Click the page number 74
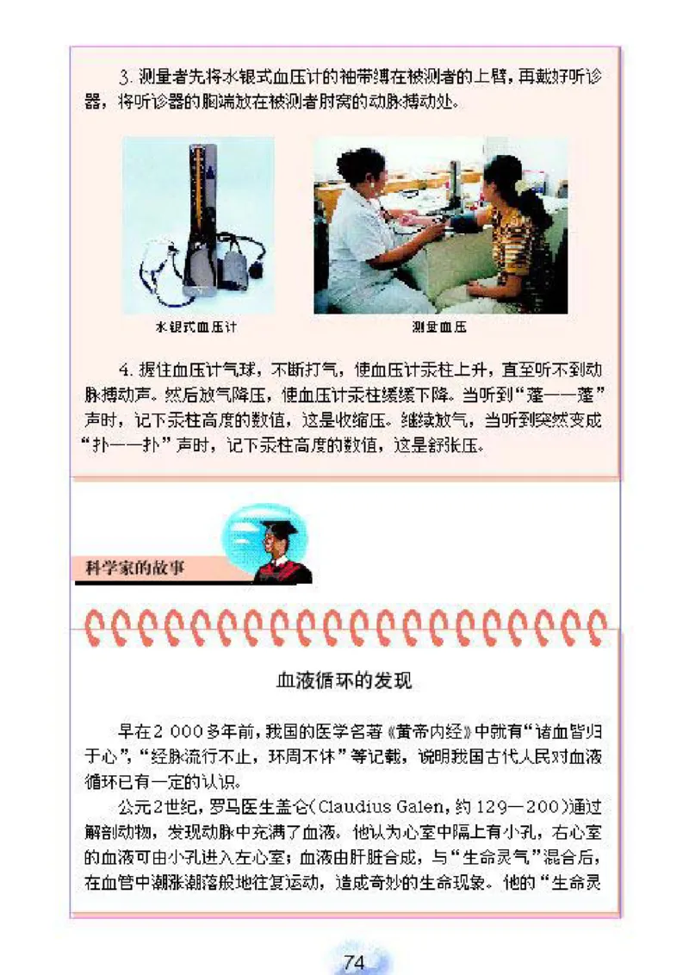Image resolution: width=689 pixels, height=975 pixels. point(354,962)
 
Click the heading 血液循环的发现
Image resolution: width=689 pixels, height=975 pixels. point(344,680)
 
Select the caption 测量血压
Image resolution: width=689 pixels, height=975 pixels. point(439,327)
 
